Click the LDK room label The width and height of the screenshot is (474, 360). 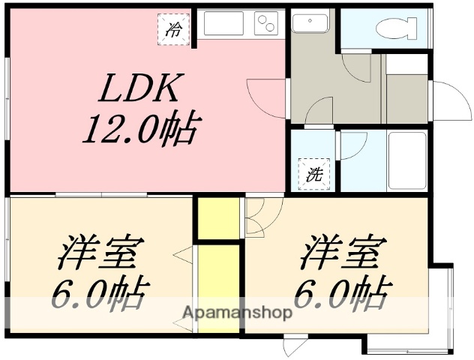pyautogui.click(x=141, y=90)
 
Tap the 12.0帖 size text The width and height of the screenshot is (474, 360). pyautogui.click(x=139, y=130)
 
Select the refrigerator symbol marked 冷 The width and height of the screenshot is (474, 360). pyautogui.click(x=174, y=29)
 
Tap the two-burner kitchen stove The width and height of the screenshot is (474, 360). pyautogui.click(x=265, y=24)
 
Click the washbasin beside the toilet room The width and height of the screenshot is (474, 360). pyautogui.click(x=309, y=23)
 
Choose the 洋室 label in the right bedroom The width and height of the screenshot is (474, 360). pyautogui.click(x=343, y=253)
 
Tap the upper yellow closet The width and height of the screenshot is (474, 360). pyautogui.click(x=217, y=217)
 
